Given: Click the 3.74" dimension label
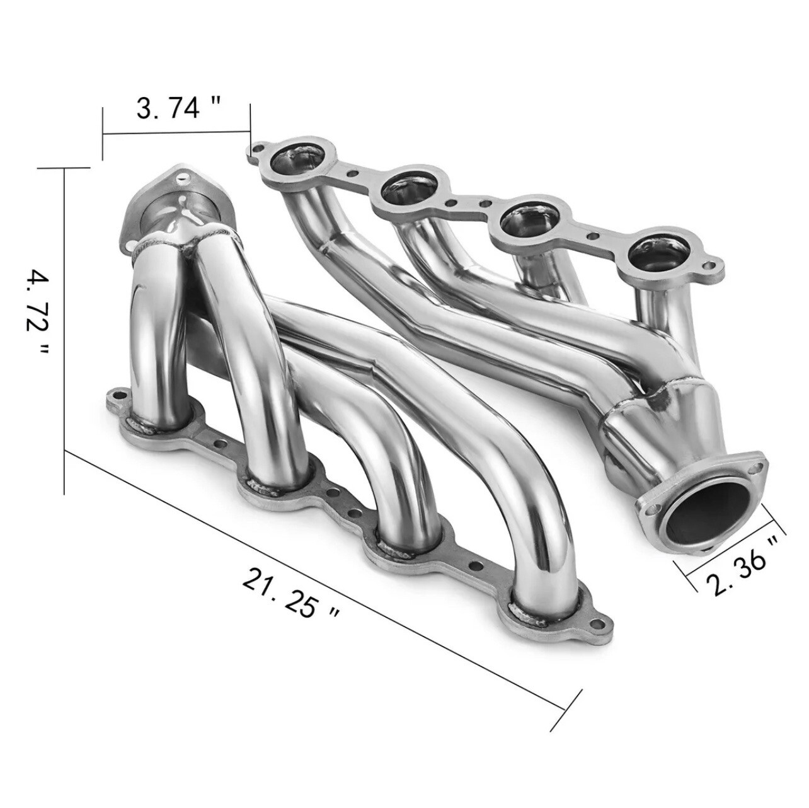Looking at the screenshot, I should tap(168, 109).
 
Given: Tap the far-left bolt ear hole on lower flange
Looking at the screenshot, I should tap(114, 398).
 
